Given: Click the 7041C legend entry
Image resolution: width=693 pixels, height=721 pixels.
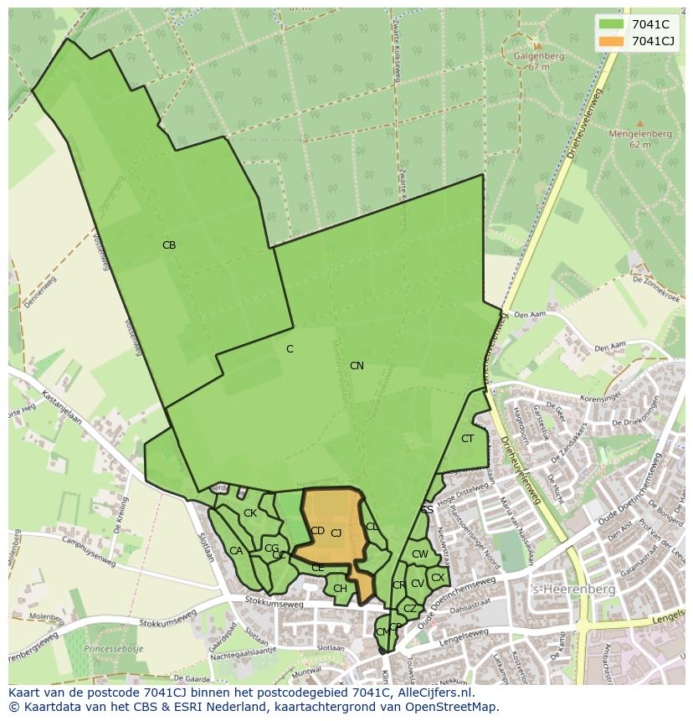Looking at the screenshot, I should pos(644,23).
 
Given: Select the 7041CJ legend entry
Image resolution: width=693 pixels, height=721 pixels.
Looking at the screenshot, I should pos(649,41).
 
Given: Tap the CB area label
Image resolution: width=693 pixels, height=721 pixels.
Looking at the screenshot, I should pos(169,245).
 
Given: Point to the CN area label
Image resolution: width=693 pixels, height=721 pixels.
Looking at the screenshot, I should pos(357,366).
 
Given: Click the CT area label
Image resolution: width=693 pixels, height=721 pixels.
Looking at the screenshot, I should pos(467,439).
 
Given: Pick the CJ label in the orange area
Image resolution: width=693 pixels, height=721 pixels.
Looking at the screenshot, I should pos(336,533).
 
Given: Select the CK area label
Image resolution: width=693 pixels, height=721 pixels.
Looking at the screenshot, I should pos(249,513).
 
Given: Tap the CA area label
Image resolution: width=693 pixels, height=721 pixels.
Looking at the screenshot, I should pos(235,551).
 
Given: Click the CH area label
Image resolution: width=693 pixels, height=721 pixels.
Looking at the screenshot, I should pos(340,589).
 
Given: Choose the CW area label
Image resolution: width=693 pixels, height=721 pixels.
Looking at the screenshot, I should pos(419,554).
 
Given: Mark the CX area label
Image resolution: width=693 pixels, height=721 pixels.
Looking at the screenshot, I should pos(438,578).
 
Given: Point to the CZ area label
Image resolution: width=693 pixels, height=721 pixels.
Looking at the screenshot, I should pos(409,609).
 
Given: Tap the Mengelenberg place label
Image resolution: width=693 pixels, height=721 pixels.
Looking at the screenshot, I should pos(639,133).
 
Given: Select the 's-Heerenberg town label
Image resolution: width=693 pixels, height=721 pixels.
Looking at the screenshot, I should pos(573,590).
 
